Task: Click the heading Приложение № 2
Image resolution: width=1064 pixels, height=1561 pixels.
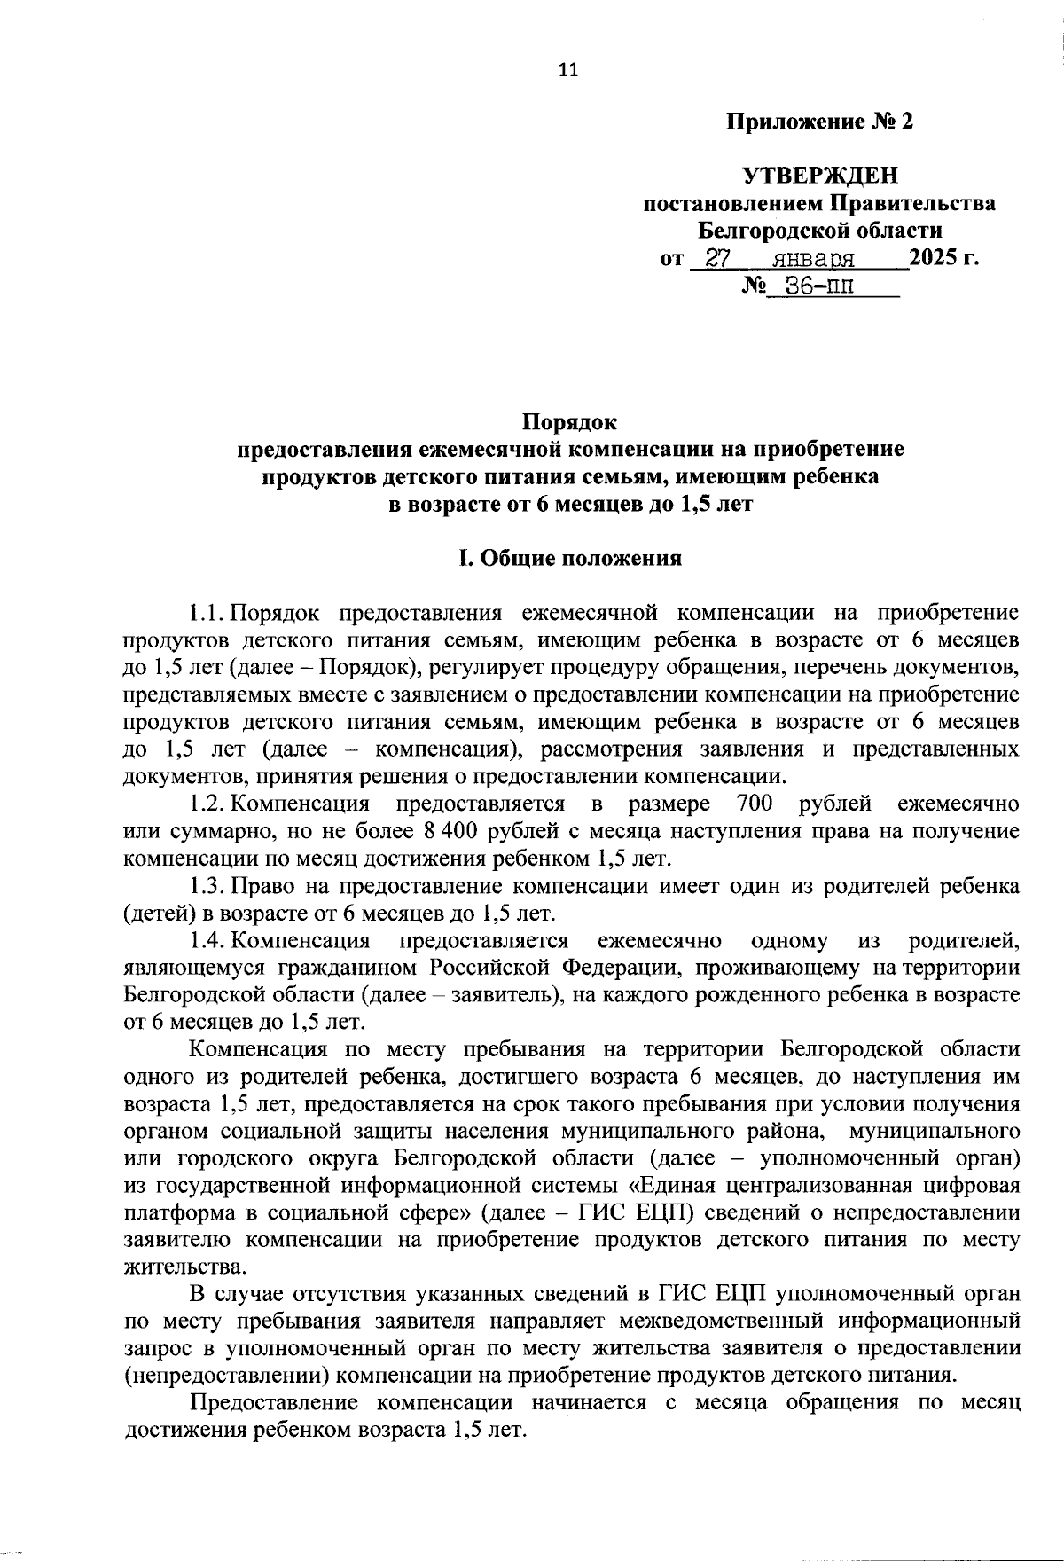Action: [x=819, y=122]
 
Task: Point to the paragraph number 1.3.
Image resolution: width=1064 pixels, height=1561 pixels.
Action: [x=206, y=885]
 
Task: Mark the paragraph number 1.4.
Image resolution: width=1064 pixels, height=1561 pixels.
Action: [x=206, y=940]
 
